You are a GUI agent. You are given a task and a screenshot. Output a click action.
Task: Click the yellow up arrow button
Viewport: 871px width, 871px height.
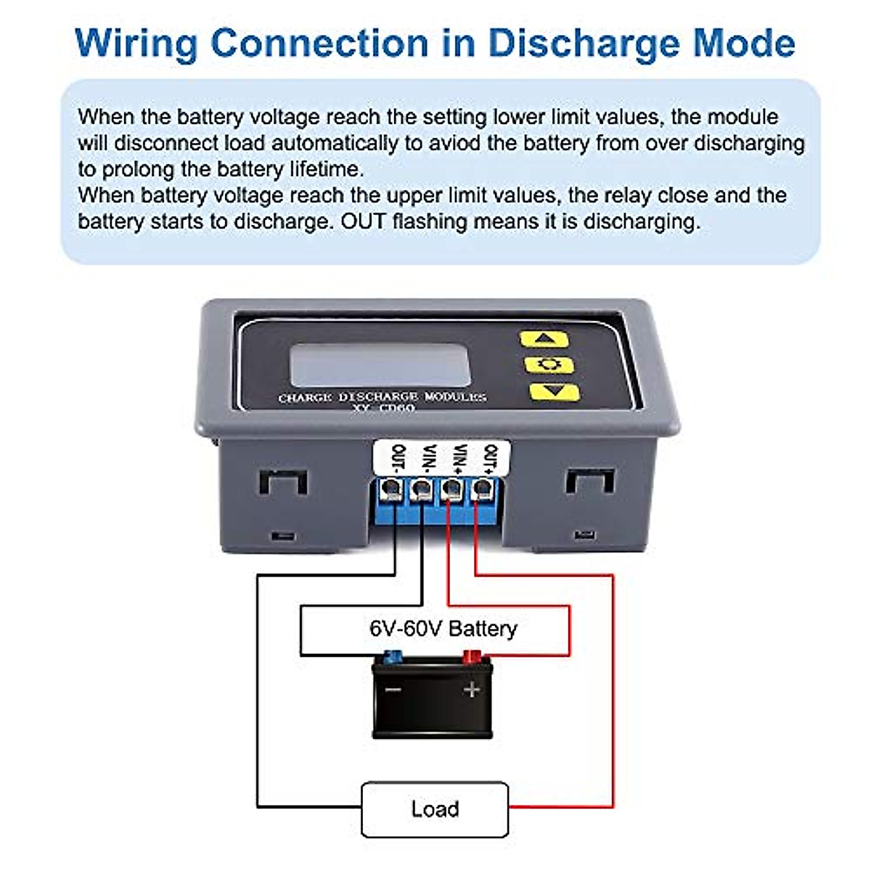pyautogui.click(x=544, y=338)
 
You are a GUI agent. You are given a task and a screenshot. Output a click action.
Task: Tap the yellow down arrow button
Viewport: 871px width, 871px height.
pyautogui.click(x=554, y=392)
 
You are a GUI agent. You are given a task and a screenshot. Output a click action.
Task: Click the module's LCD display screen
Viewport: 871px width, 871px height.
pyautogui.click(x=380, y=365)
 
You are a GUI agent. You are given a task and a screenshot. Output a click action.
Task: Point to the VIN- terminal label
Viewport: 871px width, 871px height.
pyautogui.click(x=428, y=459)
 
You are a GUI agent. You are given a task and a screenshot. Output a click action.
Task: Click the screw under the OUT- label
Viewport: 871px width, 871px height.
pyautogui.click(x=391, y=489)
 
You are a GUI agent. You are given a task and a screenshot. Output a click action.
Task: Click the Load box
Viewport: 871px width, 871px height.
pyautogui.click(x=435, y=809)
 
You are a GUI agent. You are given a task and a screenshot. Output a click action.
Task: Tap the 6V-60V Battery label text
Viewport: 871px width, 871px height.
pyautogui.click(x=443, y=629)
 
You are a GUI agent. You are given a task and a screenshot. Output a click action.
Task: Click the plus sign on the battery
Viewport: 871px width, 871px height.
pyautogui.click(x=472, y=689)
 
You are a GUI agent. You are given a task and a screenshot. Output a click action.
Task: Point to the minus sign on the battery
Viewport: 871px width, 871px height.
pyautogui.click(x=393, y=689)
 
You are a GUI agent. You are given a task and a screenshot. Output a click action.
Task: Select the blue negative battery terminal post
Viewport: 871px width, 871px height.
pyautogui.click(x=393, y=658)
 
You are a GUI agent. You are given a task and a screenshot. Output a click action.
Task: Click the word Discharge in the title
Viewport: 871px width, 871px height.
pyautogui.click(x=584, y=44)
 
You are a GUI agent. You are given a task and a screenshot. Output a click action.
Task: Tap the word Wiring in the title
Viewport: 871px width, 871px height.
pyautogui.click(x=136, y=44)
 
